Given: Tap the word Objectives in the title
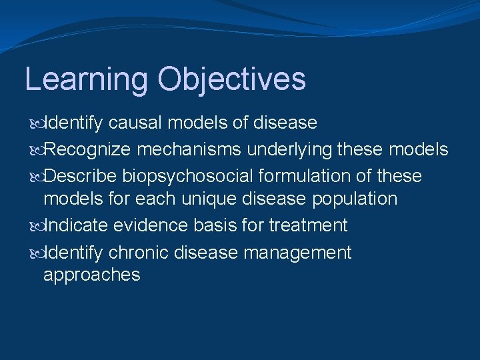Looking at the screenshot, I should coord(232,79).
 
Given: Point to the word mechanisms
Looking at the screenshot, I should coord(195,149).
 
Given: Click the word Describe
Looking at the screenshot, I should coord(84,176).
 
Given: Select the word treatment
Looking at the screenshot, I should coord(308,225).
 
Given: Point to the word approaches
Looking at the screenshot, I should coord(92,275).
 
